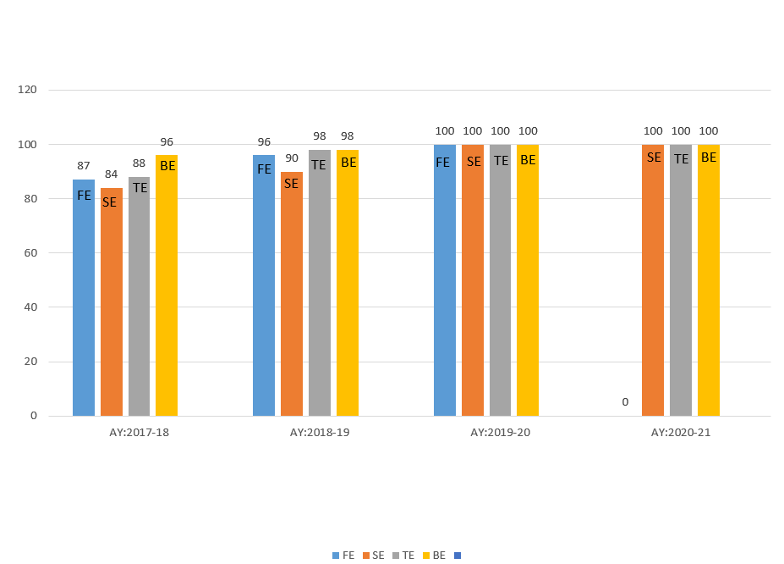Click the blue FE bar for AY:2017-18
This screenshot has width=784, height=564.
[84, 297]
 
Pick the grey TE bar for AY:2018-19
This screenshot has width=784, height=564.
[320, 283]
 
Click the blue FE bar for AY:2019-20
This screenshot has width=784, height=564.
[445, 280]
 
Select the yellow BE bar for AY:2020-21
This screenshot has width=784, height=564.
[709, 280]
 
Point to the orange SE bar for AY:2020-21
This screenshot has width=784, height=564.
[653, 280]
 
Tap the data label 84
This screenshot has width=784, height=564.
[112, 174]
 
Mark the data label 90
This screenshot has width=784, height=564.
[292, 158]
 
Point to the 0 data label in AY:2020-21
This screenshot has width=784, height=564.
[625, 402]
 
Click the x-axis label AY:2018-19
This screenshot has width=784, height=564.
[320, 433]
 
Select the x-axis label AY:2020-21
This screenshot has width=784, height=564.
[681, 433]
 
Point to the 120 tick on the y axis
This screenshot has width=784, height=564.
[28, 90]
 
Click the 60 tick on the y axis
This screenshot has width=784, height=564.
[31, 253]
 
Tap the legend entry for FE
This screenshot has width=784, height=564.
[343, 556]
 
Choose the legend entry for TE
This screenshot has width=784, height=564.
[403, 556]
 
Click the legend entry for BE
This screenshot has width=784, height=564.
[434, 556]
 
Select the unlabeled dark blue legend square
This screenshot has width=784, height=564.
[458, 556]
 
